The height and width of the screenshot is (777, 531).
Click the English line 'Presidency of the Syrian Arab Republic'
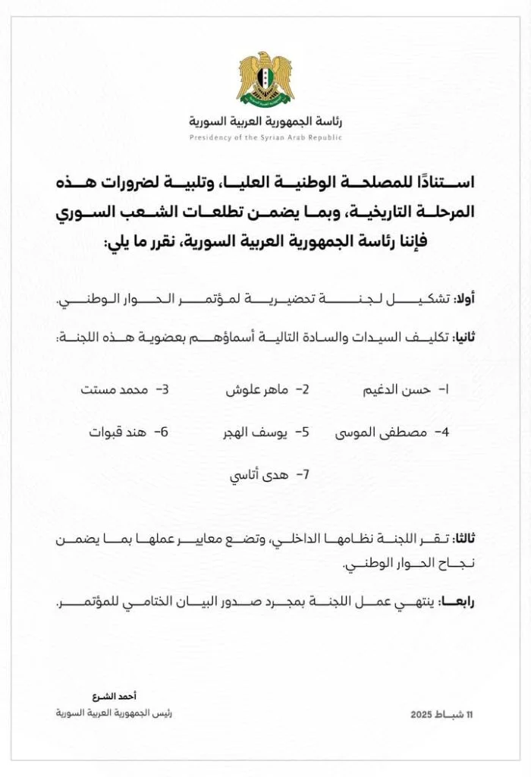pos(265,137)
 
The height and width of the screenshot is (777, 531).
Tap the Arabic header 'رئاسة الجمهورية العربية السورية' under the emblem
pos(265,122)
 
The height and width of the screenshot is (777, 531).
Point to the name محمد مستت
pos(110,389)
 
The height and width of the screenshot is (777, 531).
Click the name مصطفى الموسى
pos(375,433)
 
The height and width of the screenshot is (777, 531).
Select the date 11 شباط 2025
pos(441,715)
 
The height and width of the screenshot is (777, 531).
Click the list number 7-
pos(303,476)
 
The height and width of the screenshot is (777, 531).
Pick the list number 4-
pos(441,433)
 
